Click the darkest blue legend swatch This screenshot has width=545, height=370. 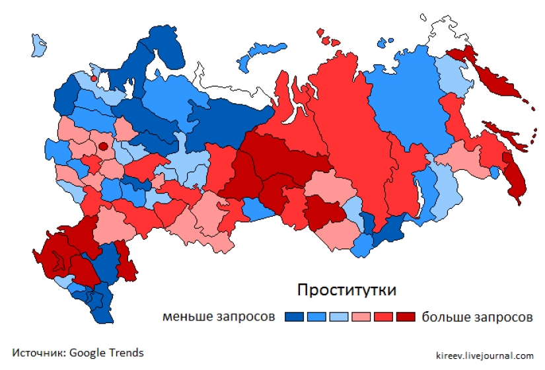click(294, 317)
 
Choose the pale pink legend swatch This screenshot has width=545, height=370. click(361, 317)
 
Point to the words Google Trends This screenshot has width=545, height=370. click(106, 353)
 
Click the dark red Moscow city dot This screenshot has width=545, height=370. click(102, 146)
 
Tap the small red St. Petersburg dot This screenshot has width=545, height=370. click(94, 79)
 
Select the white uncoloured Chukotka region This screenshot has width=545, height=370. click(449, 33)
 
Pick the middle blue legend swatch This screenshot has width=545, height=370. click(316, 317)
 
